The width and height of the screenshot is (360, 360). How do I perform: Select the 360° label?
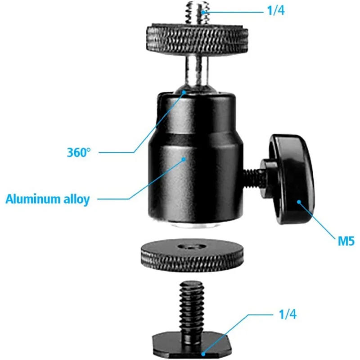[79, 152]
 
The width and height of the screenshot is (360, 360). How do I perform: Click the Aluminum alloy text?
[48, 199]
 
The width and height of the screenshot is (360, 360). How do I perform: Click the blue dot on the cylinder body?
[184, 158]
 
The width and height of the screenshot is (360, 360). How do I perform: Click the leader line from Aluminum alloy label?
[117, 198]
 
